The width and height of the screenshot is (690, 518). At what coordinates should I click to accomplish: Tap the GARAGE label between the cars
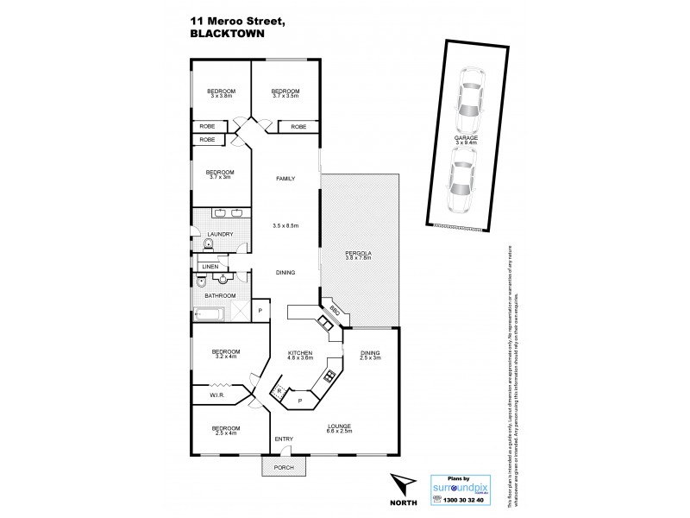467,137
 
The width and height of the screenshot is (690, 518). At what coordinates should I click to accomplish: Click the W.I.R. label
218,395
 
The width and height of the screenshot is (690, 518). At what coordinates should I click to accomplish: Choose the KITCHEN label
300,353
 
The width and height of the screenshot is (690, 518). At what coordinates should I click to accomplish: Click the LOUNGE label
339,426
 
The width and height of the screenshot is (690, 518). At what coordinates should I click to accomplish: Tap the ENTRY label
284,439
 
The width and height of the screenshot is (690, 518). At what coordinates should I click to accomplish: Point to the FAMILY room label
285,179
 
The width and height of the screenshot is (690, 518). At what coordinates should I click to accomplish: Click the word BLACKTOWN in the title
224,35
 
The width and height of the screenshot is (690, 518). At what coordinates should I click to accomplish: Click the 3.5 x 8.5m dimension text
285,225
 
